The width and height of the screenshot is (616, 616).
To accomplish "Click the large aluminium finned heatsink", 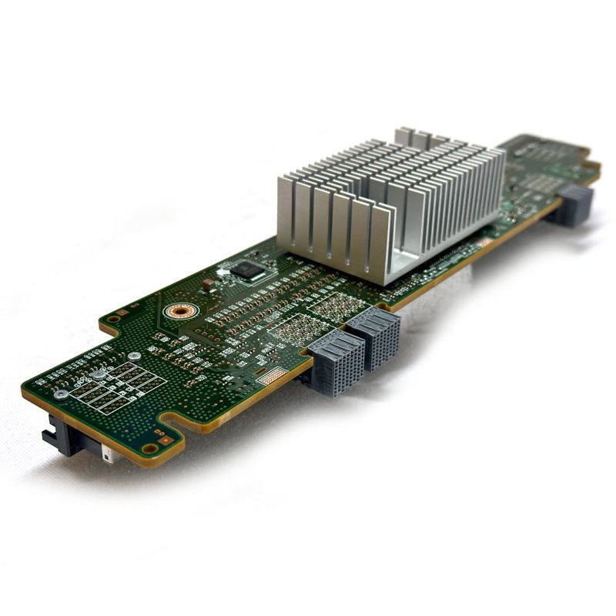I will point(389,204).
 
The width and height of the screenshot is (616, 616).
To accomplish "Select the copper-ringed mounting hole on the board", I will point(181,311).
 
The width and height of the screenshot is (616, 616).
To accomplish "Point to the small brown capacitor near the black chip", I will point(209,284).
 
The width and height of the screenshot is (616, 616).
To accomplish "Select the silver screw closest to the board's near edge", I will point(60,394).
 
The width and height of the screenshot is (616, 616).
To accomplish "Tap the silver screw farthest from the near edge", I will point(134,357).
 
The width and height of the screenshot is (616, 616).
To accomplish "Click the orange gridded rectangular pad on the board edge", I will point(271,377).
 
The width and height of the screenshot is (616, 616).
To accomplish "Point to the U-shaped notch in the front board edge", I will point(176,420).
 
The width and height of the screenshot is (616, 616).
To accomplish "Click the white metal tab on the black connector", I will point(109,456).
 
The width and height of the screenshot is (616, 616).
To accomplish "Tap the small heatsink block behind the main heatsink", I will point(420,139).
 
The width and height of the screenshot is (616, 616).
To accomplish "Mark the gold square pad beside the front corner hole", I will point(163,441).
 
